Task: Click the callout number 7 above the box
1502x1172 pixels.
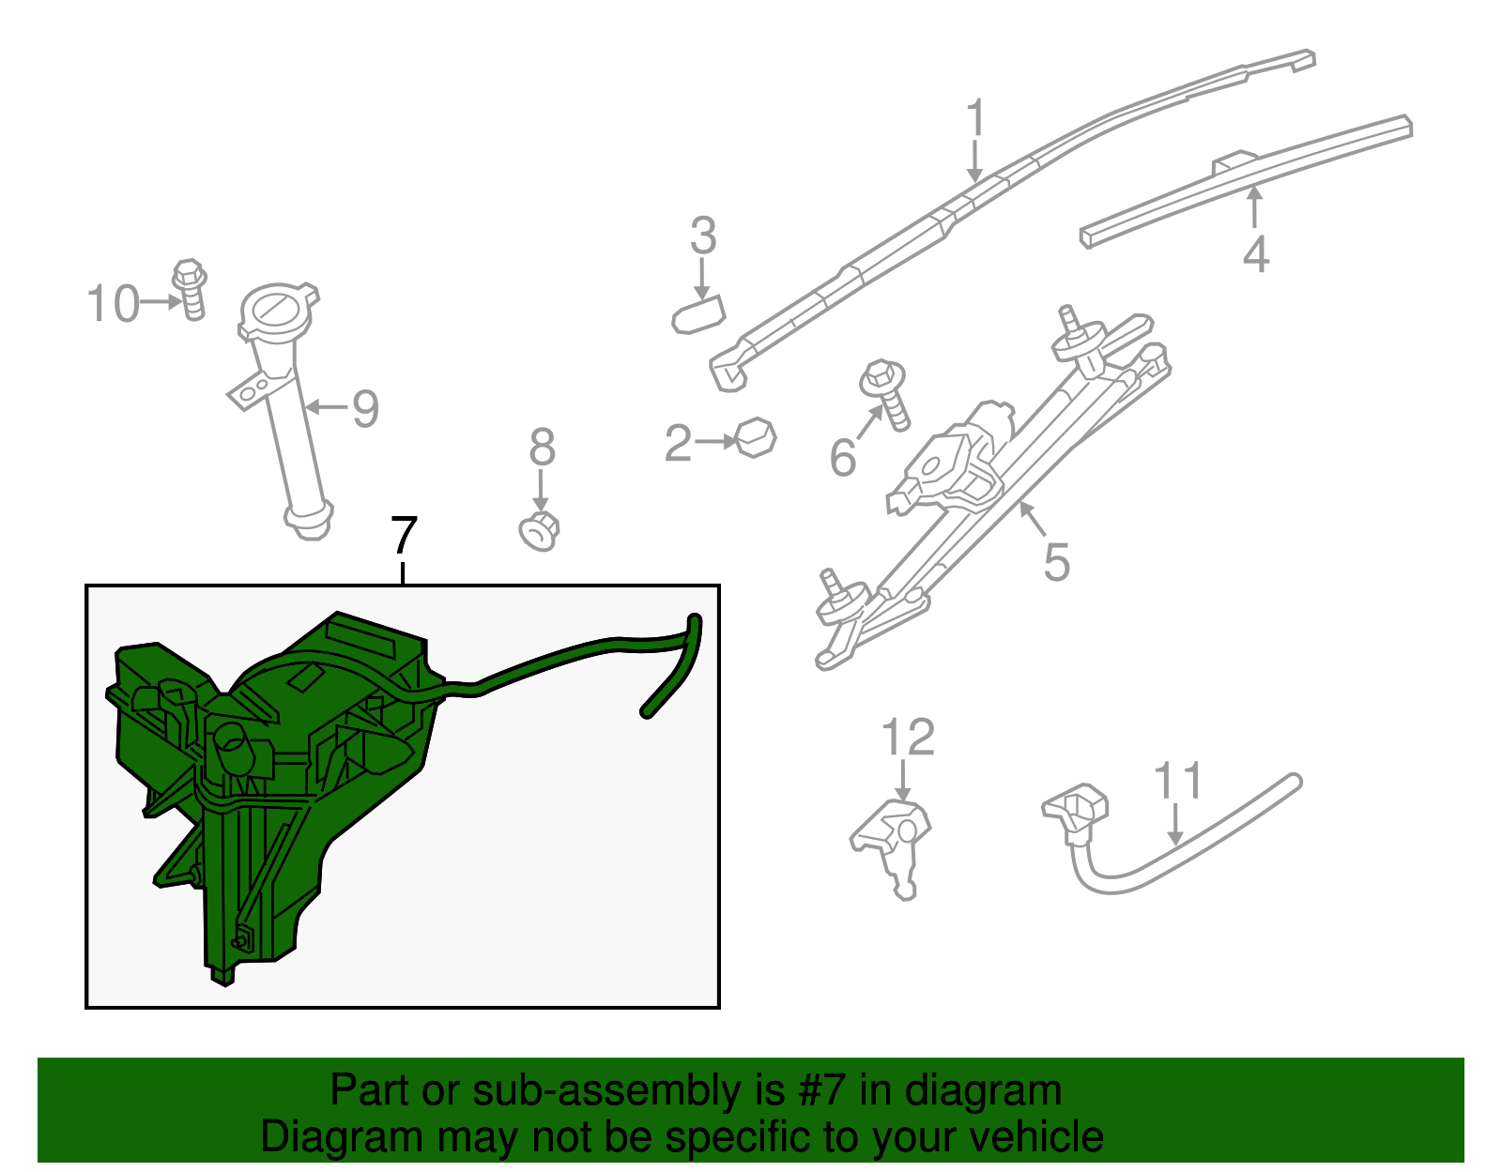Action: click(405, 535)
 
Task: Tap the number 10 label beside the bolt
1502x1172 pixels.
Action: click(113, 304)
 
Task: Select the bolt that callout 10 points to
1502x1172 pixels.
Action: click(190, 290)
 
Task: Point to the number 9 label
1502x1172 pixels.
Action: click(366, 408)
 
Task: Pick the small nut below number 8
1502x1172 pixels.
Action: click(539, 531)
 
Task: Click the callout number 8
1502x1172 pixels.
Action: click(542, 447)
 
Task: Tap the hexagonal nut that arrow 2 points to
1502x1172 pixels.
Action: click(757, 437)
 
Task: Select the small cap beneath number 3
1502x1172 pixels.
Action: click(698, 315)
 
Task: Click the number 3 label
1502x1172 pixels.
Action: click(703, 236)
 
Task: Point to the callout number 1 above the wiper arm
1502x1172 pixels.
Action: click(975, 116)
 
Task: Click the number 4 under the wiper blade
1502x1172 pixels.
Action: click(1256, 254)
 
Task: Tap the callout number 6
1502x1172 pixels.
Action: click(843, 457)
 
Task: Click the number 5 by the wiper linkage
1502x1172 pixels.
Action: click(1057, 562)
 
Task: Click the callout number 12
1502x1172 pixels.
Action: click(908, 737)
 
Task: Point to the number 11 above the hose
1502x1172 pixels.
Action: click(1178, 781)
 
